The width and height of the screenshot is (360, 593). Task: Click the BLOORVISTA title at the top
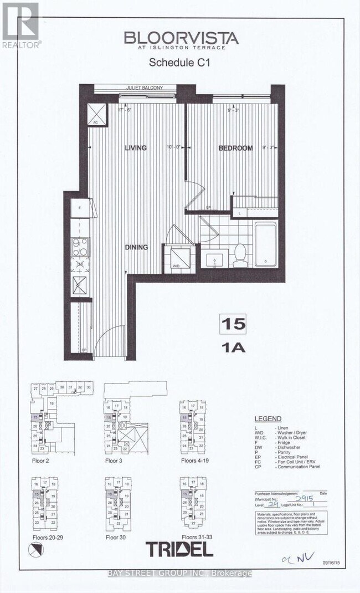181,38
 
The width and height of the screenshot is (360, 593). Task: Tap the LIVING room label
135,148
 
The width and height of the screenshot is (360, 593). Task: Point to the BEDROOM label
235,148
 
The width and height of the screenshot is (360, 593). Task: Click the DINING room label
136,247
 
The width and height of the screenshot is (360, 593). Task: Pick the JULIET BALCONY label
135,87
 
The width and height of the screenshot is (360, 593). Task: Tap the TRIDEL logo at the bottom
179,549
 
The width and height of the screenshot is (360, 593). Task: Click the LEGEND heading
268,419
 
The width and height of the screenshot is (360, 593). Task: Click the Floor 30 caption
117,537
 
